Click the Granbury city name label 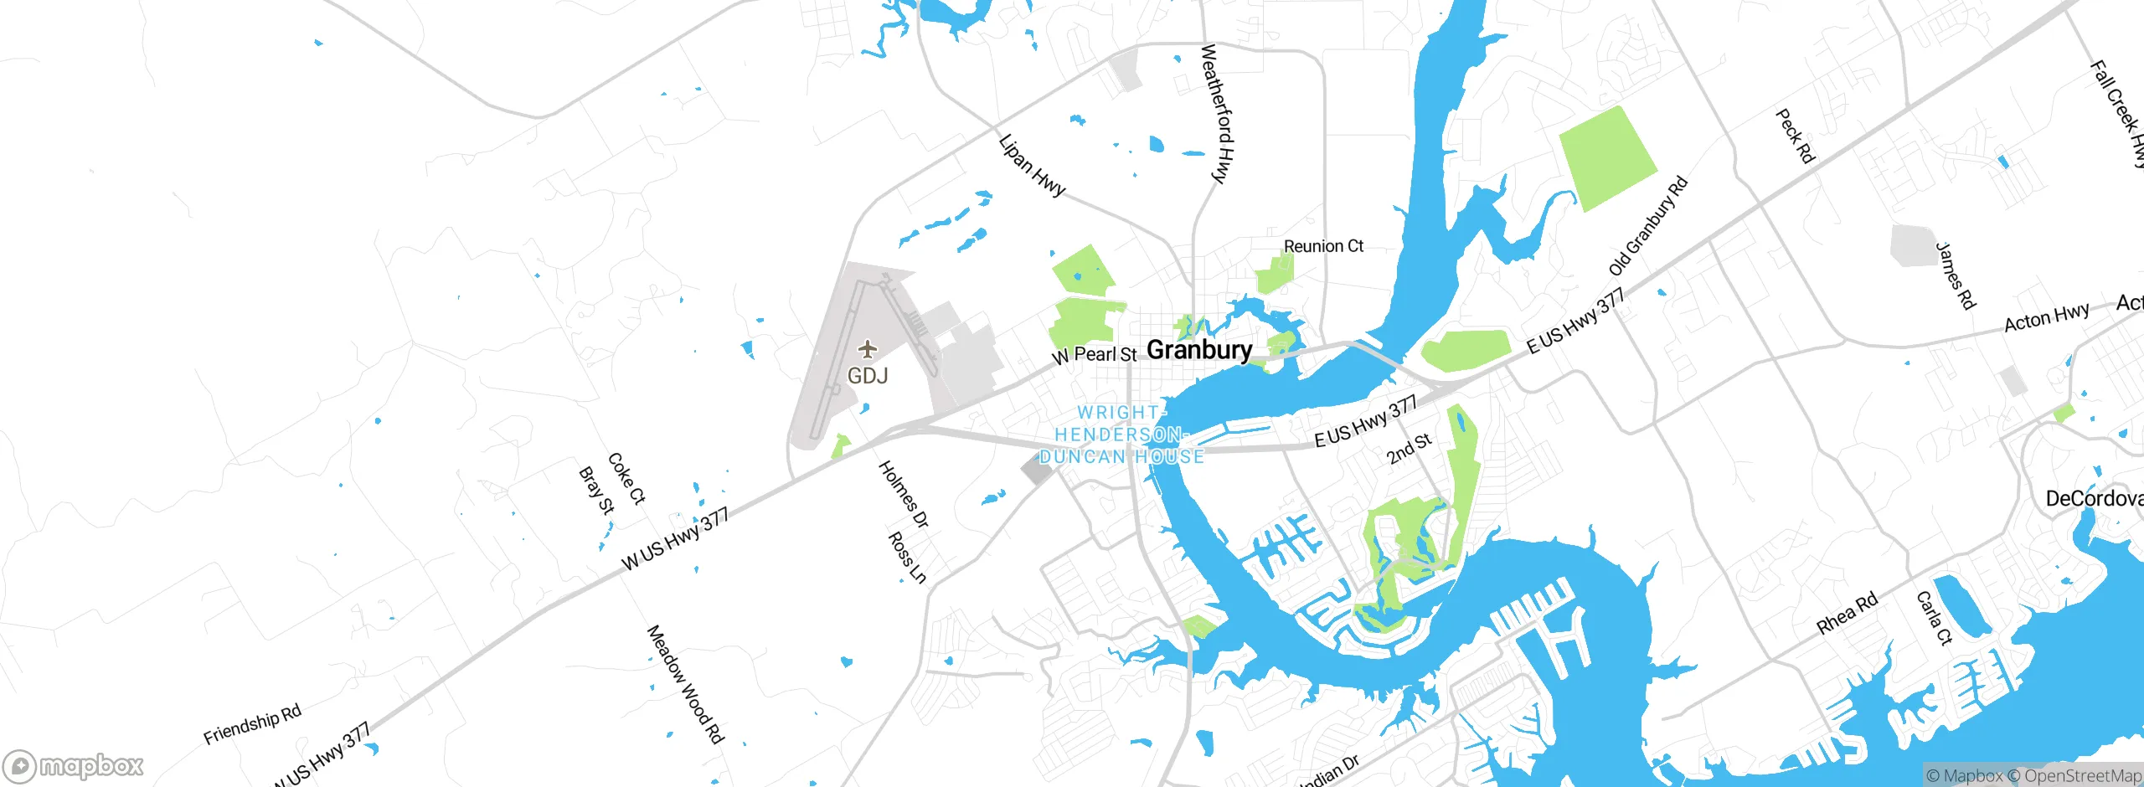coord(1198,350)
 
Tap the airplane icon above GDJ coord(868,348)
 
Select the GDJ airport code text coord(868,376)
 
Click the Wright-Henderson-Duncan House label coord(1121,435)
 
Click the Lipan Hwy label coord(1032,166)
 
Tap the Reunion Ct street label coord(1323,246)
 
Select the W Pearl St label coord(1095,355)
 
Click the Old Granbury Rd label coord(1648,226)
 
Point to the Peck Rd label coord(1795,136)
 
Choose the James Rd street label coord(1956,275)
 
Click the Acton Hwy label coord(2046,318)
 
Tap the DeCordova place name coord(2094,499)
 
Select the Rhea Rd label coord(1847,614)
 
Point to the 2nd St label coord(1409,449)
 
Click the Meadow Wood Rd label coord(685,684)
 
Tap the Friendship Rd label coord(252,724)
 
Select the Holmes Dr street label coord(903,494)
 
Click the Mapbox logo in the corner coord(74,765)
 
